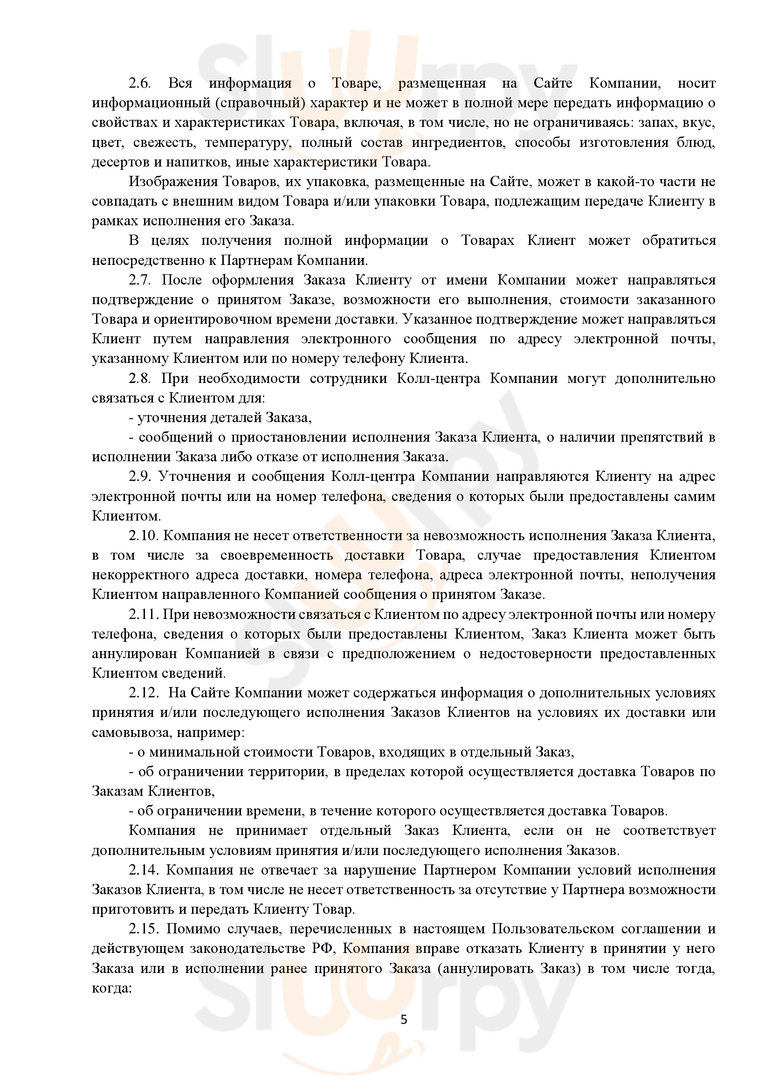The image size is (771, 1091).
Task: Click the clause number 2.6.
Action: pyautogui.click(x=139, y=83)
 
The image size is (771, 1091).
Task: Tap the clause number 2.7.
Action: pyautogui.click(x=139, y=280)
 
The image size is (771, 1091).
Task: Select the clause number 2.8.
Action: pyautogui.click(x=139, y=378)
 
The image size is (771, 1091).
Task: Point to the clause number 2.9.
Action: pyautogui.click(x=139, y=477)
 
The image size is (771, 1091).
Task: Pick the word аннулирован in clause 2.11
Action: pyautogui.click(x=134, y=654)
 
